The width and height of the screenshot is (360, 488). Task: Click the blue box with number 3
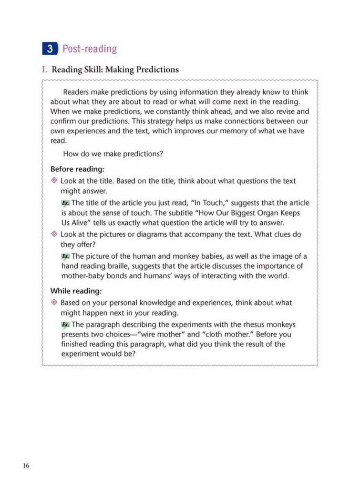click(x=50, y=49)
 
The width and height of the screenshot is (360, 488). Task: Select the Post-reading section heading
click(x=89, y=49)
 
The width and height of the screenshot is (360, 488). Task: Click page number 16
click(x=26, y=465)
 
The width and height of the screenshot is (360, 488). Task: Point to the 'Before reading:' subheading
click(x=77, y=169)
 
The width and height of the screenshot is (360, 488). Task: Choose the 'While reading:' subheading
click(x=76, y=291)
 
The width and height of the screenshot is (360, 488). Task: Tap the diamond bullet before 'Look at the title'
click(x=54, y=181)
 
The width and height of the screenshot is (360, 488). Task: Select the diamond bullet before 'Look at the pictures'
click(x=54, y=234)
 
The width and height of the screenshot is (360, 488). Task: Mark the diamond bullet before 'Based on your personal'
click(x=54, y=303)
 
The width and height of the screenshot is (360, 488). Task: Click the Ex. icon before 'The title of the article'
click(x=65, y=203)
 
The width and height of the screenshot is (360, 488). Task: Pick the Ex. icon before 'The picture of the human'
click(x=65, y=257)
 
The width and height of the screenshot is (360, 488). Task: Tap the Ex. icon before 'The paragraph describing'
click(x=65, y=325)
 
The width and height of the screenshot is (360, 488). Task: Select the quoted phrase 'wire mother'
click(x=159, y=334)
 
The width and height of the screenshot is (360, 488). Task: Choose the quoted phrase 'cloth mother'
click(x=226, y=334)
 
